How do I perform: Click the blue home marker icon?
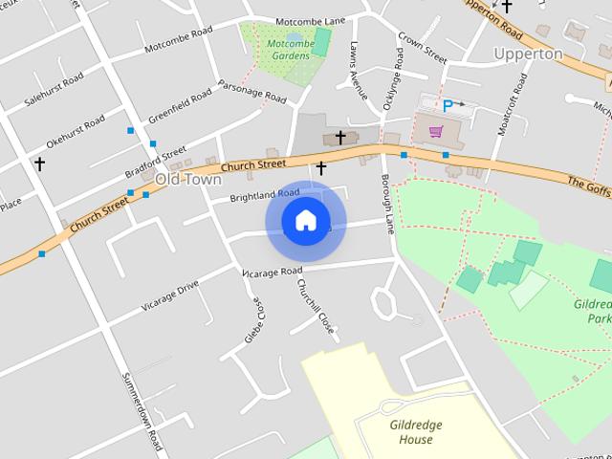305,221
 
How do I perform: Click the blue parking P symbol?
447,106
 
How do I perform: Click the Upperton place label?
527,54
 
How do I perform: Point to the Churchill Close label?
315,306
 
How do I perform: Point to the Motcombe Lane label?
309,21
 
